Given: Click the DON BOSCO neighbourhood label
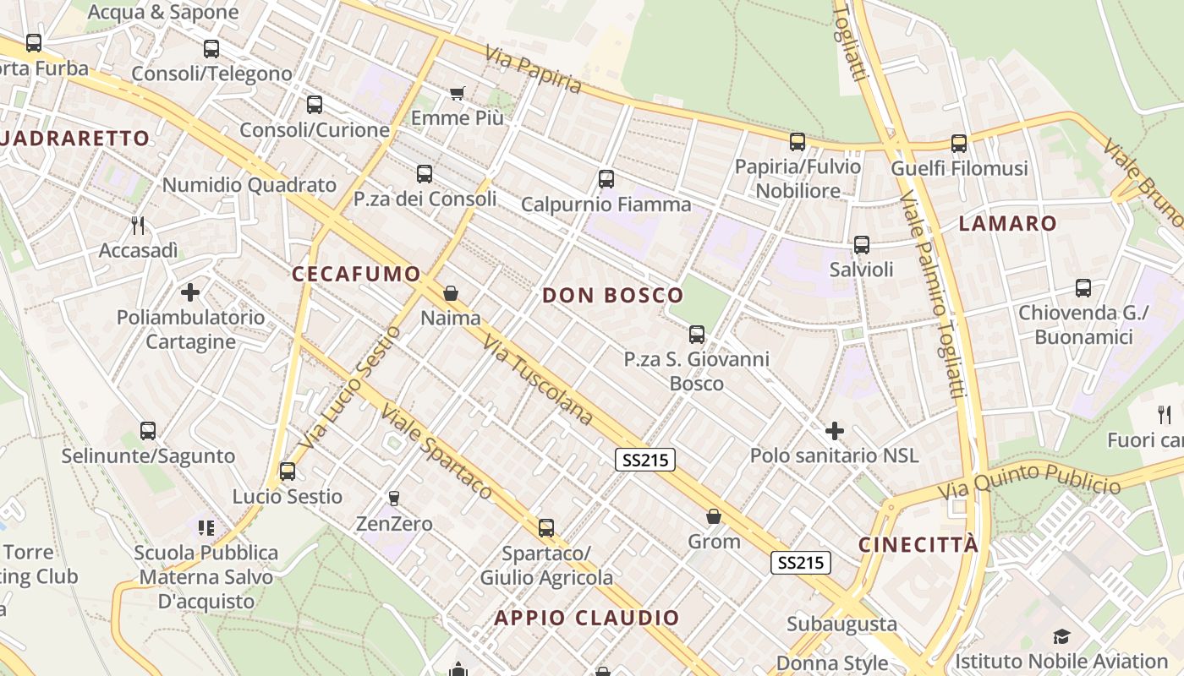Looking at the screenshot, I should click(x=612, y=295).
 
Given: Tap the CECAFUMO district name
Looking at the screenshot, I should click(x=356, y=274).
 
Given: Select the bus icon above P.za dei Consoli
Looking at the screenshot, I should click(x=425, y=174).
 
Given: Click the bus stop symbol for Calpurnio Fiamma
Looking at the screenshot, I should click(x=606, y=178).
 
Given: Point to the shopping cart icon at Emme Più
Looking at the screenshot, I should click(x=457, y=93).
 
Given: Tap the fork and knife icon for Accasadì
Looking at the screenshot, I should click(x=139, y=225).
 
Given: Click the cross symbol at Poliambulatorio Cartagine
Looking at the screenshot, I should click(x=190, y=292).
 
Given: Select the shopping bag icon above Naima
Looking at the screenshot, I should click(x=451, y=293).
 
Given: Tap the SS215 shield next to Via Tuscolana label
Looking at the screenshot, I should click(x=644, y=459).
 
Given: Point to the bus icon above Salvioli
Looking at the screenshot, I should click(x=861, y=245).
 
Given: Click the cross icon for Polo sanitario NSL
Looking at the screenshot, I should click(x=835, y=431).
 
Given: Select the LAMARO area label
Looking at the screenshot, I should click(x=1008, y=223).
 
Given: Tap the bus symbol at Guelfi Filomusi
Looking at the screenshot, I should click(x=958, y=144).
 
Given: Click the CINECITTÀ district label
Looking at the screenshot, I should click(x=918, y=544).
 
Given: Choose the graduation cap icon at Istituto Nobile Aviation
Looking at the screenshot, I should click(x=1061, y=636).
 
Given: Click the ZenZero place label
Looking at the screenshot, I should click(x=394, y=524).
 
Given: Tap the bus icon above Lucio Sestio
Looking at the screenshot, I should click(x=288, y=472).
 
